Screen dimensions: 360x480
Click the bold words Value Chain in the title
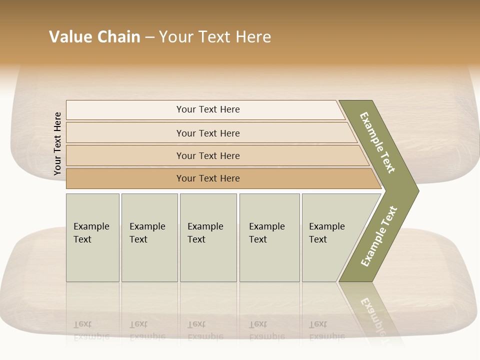tap(94, 37)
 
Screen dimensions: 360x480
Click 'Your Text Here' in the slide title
tap(215, 37)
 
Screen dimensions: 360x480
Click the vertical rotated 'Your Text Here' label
tap(57, 144)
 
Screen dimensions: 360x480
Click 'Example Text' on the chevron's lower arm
tap(379, 236)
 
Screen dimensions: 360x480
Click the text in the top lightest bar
tap(208, 109)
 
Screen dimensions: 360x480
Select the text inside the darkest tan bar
tap(208, 178)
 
